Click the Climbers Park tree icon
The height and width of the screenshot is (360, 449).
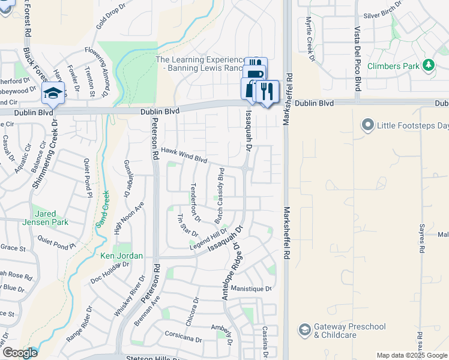tap(429, 65)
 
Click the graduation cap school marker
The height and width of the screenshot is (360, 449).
tap(53, 94)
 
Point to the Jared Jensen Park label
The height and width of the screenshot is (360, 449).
tap(51, 218)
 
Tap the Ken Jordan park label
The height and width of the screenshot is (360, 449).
tap(121, 256)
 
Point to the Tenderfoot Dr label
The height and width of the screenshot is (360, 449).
tap(196, 202)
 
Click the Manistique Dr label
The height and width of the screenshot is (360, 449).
tap(251, 289)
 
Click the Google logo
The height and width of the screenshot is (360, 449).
tap(20, 353)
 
